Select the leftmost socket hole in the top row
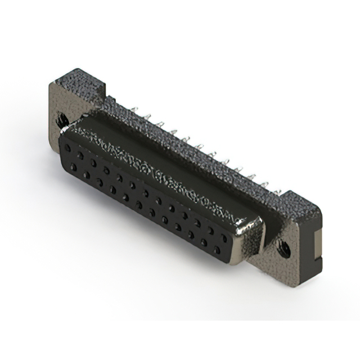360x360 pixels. coord(68,148)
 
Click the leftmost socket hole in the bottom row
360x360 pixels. coord(73,166)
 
